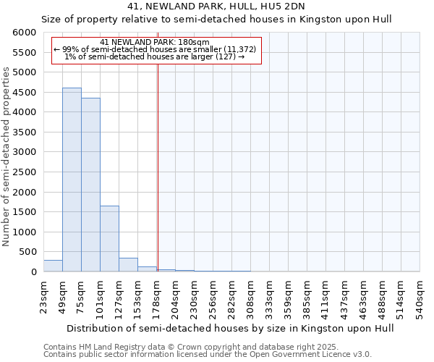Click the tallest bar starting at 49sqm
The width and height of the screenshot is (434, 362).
tap(72, 180)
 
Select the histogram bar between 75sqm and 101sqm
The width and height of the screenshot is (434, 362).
tap(90, 185)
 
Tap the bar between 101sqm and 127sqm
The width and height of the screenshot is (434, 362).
tap(109, 239)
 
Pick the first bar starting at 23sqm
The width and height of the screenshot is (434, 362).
tap(53, 266)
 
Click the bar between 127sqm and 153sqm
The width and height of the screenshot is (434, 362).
tap(128, 265)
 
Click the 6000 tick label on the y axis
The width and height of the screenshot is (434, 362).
tap(24, 33)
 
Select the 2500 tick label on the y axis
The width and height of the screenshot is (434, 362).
tap(24, 172)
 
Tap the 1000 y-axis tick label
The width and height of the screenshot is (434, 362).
tap(24, 232)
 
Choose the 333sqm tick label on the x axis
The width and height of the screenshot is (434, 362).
tap(269, 296)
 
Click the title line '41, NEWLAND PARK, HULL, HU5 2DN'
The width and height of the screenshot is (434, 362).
tap(216, 7)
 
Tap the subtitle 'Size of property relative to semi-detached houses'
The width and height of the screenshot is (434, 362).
tap(216, 20)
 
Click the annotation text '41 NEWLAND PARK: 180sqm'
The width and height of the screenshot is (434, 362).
tap(155, 42)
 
